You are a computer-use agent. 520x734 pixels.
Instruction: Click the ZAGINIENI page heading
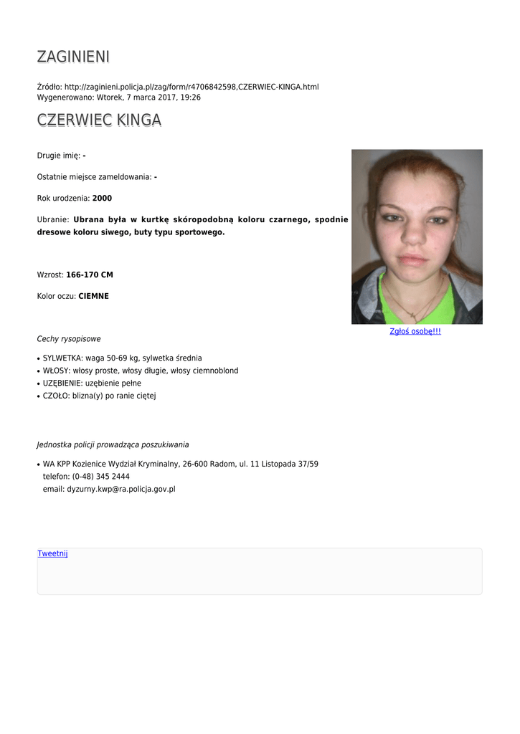pos(73,57)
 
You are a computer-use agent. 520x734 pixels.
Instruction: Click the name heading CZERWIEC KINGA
pos(99,120)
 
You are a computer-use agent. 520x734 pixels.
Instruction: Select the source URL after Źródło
pos(192,87)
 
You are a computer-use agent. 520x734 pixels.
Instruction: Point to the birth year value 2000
pos(102,198)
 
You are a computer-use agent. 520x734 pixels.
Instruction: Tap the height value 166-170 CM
pos(90,275)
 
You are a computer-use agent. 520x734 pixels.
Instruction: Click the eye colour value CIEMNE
pos(93,296)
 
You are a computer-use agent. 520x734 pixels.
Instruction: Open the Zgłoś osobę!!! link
pos(415,331)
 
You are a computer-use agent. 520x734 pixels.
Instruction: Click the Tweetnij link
pos(52,553)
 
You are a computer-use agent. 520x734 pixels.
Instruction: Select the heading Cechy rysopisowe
pos(69,339)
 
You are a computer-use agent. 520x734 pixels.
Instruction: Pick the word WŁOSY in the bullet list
pos(56,371)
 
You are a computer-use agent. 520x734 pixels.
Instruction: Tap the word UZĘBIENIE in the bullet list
pos(62,383)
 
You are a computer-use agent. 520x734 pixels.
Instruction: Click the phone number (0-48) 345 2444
pos(100,477)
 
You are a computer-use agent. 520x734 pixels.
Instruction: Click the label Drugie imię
pos(58,156)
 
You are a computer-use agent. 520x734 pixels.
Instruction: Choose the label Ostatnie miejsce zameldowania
pos(94,176)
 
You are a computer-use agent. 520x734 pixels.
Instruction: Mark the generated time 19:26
pos(190,97)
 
